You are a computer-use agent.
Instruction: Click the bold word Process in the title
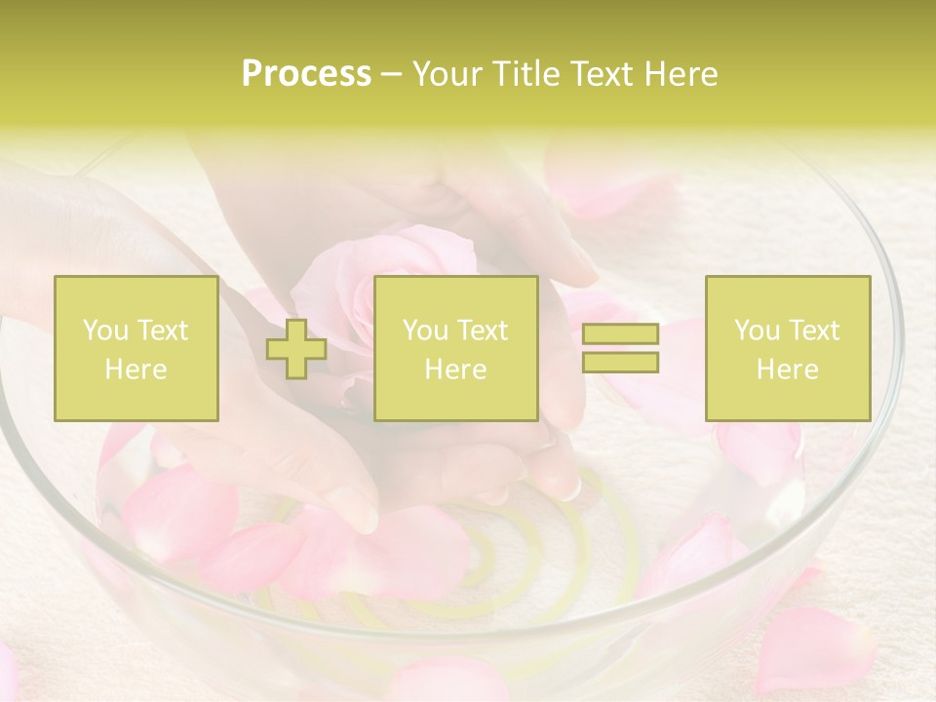(x=306, y=74)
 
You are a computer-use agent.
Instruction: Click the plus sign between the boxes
(x=296, y=349)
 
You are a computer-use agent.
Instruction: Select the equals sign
(x=620, y=348)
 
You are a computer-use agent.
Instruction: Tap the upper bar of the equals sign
(x=620, y=334)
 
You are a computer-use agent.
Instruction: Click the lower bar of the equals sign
(x=620, y=362)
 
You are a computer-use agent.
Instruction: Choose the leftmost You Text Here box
(x=136, y=348)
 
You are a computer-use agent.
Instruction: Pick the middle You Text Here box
(x=456, y=348)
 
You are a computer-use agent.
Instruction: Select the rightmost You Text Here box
(x=788, y=348)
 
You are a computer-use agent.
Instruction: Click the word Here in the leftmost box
(x=136, y=370)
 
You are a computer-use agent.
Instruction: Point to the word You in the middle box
(x=425, y=331)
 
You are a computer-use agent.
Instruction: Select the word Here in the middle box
(x=456, y=370)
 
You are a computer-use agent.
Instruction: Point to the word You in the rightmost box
(x=757, y=331)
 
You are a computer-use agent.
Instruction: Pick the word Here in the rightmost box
(x=788, y=370)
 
